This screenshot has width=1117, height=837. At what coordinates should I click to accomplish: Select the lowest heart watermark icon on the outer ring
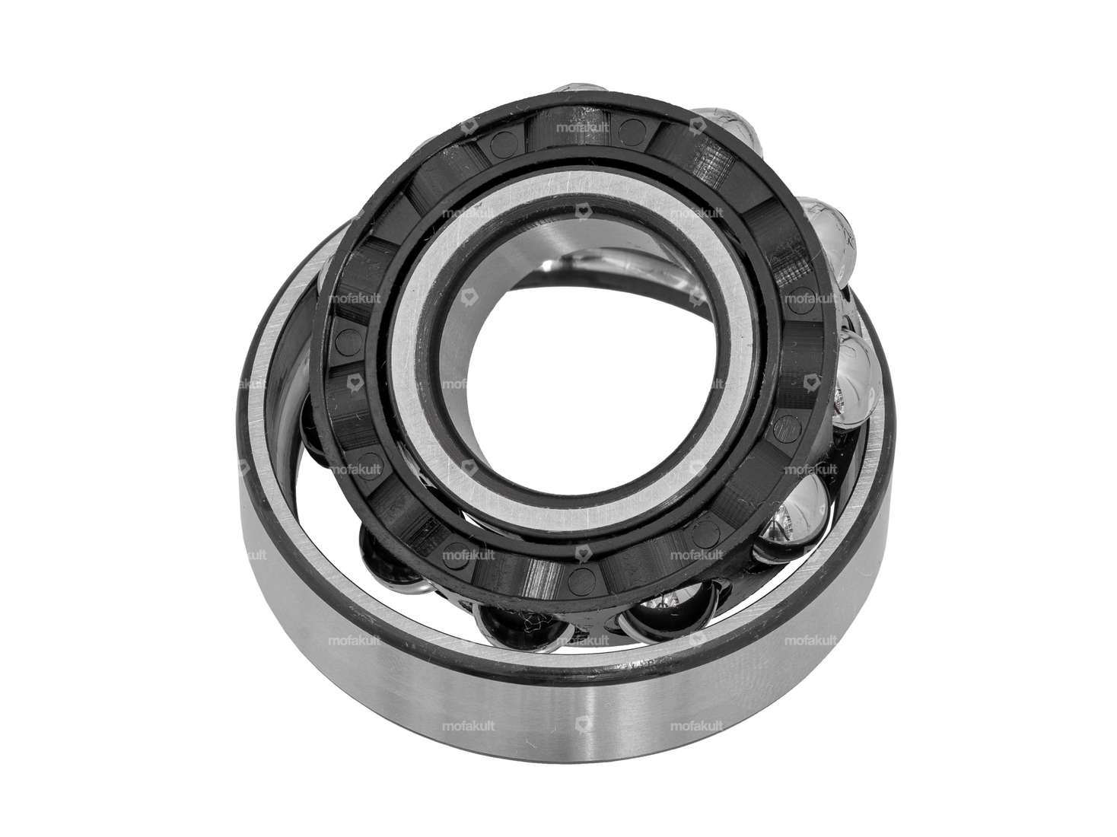pyautogui.click(x=583, y=724)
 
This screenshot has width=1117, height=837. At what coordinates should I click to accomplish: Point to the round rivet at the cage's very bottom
pyautogui.click(x=582, y=571)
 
